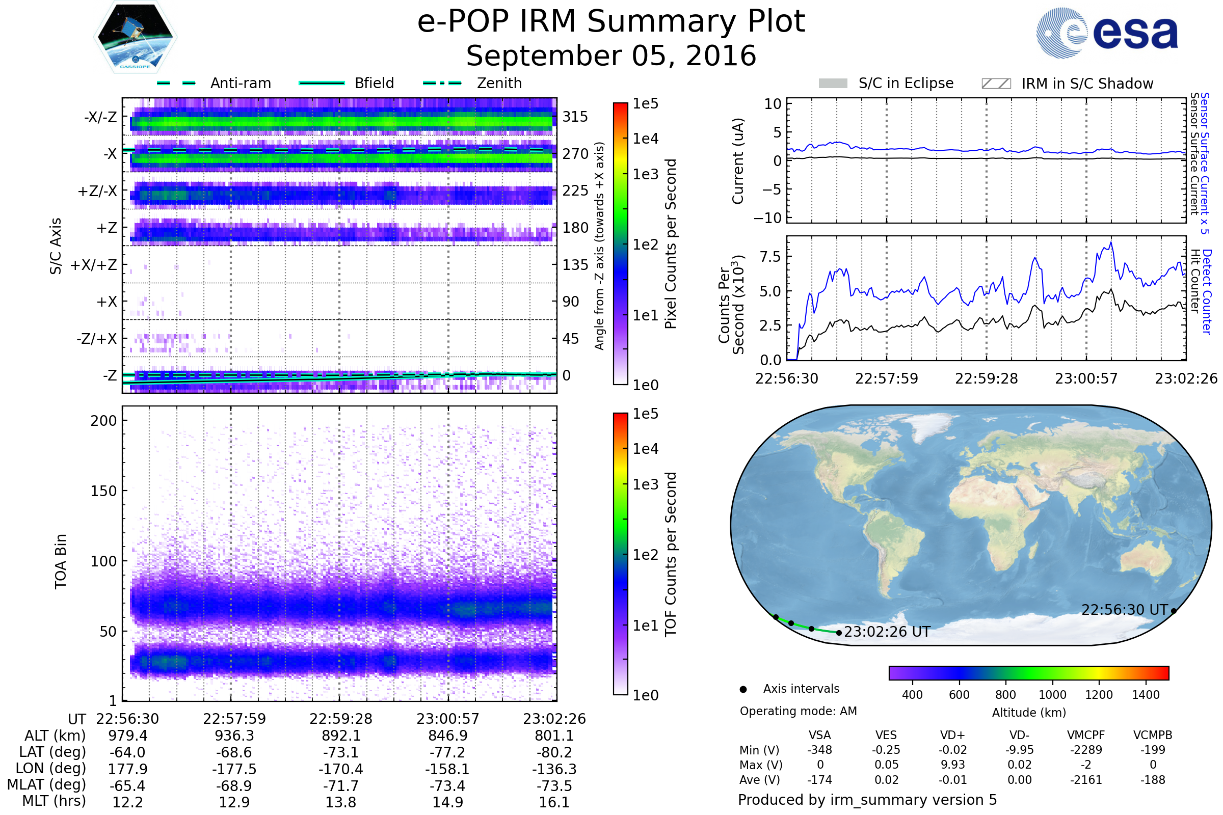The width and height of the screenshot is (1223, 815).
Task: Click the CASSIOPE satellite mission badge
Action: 135,36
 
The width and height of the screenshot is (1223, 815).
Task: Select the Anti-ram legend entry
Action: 214,83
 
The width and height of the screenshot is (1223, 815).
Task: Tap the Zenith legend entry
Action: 472,83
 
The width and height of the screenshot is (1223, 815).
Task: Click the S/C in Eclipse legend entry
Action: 886,83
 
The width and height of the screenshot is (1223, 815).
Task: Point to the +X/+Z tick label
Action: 94,265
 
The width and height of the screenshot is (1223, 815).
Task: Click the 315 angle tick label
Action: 575,117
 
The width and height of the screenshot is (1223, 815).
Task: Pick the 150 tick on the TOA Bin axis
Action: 103,491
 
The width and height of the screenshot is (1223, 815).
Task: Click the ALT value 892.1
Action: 341,736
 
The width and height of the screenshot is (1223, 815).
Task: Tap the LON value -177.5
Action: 234,769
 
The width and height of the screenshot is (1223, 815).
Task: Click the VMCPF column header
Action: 1086,736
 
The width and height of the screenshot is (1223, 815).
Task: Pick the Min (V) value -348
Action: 819,750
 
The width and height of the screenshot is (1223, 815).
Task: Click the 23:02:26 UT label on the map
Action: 887,632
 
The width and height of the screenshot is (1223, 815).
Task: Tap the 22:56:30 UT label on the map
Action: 1125,610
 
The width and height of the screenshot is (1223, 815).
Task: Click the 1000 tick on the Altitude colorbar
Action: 1052,695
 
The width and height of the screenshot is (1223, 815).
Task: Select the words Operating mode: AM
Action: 798,711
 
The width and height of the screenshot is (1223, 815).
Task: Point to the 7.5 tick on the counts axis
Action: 770,257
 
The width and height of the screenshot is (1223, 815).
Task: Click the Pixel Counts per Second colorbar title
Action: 671,244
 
